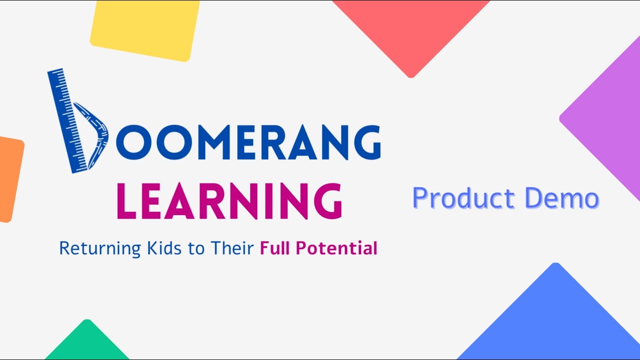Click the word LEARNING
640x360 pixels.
click(x=229, y=201)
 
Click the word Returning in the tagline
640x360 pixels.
click(x=100, y=248)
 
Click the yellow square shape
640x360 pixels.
click(x=145, y=29)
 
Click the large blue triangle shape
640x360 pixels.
click(x=555, y=320)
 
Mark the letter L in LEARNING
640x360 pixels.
click(x=126, y=201)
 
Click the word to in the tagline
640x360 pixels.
click(x=196, y=248)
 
